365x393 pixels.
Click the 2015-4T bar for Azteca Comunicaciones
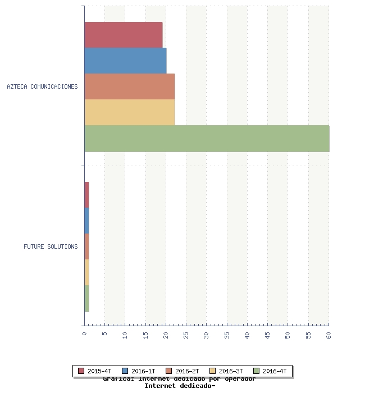[x=124, y=35]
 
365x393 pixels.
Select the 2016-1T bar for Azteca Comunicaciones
[x=125, y=61]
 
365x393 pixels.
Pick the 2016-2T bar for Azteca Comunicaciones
[x=130, y=86]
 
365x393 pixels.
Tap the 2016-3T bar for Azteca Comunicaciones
[x=130, y=112]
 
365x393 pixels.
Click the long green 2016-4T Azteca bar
[x=207, y=139]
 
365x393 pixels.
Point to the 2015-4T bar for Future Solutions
[x=86, y=195]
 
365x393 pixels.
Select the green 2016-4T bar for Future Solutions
[x=86, y=299]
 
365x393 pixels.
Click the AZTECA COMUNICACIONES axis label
[x=42, y=87]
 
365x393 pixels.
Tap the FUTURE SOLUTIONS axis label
[x=51, y=246]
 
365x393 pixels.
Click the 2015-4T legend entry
[x=95, y=371]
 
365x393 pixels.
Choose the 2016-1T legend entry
[x=139, y=371]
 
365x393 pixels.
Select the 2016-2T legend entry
[x=182, y=371]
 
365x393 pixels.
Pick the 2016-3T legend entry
[x=226, y=371]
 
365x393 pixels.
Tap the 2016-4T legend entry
[x=270, y=371]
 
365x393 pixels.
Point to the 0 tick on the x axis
[x=84, y=333]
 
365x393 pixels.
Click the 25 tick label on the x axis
[x=186, y=335]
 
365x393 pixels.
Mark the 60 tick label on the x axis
[x=328, y=335]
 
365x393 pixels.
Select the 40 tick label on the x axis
[x=247, y=335]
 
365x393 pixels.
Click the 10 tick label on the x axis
[x=125, y=335]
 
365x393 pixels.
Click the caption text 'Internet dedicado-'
[x=180, y=386]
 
